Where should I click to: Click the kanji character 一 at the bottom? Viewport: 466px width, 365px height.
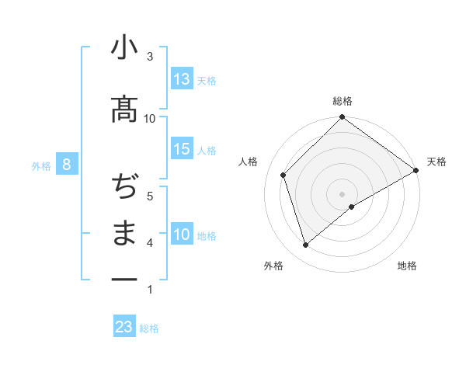pyautogui.click(x=124, y=278)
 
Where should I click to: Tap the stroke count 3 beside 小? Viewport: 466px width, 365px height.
pyautogui.click(x=150, y=56)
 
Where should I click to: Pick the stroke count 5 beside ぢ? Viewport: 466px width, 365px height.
pyautogui.click(x=150, y=196)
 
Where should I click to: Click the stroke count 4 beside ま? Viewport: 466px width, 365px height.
pyautogui.click(x=150, y=243)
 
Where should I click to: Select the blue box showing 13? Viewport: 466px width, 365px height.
pyautogui.click(x=182, y=79)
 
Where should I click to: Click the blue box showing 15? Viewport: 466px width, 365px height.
pyautogui.click(x=182, y=149)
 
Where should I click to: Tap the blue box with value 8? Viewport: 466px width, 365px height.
pyautogui.click(x=68, y=165)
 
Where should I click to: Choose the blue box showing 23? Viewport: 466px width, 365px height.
pyautogui.click(x=124, y=327)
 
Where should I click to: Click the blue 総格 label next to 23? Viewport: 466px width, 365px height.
pyautogui.click(x=150, y=328)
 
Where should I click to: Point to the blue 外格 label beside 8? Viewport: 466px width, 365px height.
pyautogui.click(x=41, y=165)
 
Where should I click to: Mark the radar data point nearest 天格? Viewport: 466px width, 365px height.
pyautogui.click(x=416, y=171)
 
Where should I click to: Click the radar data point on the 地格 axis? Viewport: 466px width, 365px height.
pyautogui.click(x=352, y=207)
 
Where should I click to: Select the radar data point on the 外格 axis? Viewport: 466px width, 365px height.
pyautogui.click(x=305, y=245)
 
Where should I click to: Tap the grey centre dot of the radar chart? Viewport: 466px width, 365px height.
pyautogui.click(x=342, y=193)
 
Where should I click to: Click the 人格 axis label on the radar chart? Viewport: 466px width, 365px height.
pyautogui.click(x=249, y=162)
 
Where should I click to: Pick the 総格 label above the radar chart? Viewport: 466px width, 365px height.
pyautogui.click(x=342, y=102)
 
